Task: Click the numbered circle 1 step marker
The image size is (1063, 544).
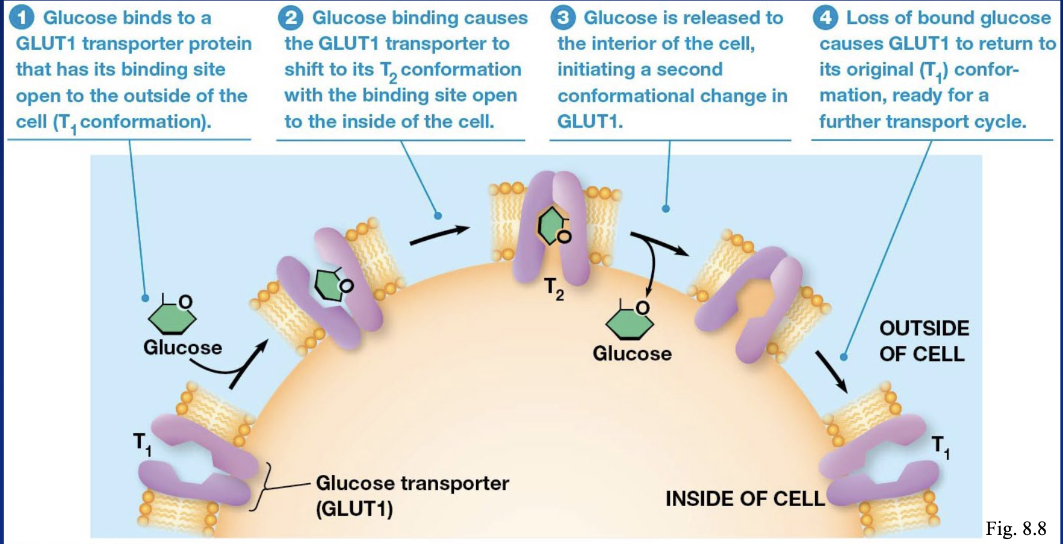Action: [22, 17]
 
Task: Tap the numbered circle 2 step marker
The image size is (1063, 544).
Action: [291, 17]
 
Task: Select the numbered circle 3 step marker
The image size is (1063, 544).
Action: [563, 17]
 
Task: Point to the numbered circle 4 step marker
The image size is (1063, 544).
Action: [825, 17]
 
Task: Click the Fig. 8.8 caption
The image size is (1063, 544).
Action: [1016, 528]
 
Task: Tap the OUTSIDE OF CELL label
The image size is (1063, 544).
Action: [924, 341]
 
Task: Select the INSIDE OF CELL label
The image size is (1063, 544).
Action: [745, 498]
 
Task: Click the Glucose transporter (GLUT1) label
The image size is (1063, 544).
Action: [412, 495]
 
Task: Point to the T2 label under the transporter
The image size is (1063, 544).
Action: [554, 288]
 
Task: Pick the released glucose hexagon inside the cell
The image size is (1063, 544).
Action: [630, 321]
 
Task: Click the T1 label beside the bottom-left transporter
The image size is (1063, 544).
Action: [142, 444]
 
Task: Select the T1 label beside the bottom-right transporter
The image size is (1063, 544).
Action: [941, 448]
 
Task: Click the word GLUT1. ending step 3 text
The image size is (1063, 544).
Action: [590, 122]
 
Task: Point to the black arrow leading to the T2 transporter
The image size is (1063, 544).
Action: [439, 235]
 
